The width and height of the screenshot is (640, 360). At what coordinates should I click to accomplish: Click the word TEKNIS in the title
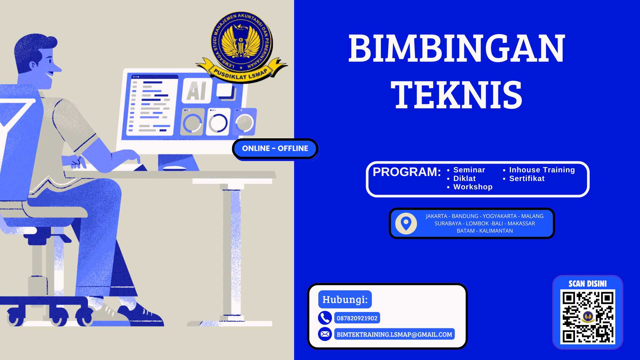pyautogui.click(x=457, y=95)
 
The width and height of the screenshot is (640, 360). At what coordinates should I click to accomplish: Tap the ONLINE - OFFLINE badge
pyautogui.click(x=275, y=149)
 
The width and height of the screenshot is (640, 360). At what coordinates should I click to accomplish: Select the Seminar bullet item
pyautogui.click(x=469, y=170)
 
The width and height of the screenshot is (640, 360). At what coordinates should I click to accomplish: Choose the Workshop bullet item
pyautogui.click(x=473, y=187)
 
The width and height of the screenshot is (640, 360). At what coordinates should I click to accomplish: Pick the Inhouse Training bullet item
pyautogui.click(x=542, y=170)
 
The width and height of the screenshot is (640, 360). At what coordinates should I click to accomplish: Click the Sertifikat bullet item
pyautogui.click(x=527, y=179)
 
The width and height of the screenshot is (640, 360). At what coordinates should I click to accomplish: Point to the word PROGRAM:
pyautogui.click(x=407, y=172)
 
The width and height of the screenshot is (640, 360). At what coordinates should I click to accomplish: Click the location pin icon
pyautogui.click(x=406, y=223)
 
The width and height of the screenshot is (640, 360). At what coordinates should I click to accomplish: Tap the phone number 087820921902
pyautogui.click(x=357, y=318)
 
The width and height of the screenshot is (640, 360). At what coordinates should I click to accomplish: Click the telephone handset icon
pyautogui.click(x=325, y=318)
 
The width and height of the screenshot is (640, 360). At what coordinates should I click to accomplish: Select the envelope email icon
pyautogui.click(x=325, y=334)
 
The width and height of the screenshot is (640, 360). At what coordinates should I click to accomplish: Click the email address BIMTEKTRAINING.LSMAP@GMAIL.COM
pyautogui.click(x=394, y=334)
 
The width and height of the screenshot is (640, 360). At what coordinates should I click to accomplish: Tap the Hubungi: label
pyautogui.click(x=345, y=300)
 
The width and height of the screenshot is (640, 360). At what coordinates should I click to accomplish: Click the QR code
pyautogui.click(x=588, y=317)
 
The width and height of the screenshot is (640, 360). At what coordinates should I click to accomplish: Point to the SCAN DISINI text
pyautogui.click(x=587, y=284)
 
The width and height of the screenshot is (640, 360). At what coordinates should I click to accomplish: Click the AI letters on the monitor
pyautogui.click(x=197, y=91)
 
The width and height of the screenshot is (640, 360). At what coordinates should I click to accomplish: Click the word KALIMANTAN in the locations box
pyautogui.click(x=496, y=231)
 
